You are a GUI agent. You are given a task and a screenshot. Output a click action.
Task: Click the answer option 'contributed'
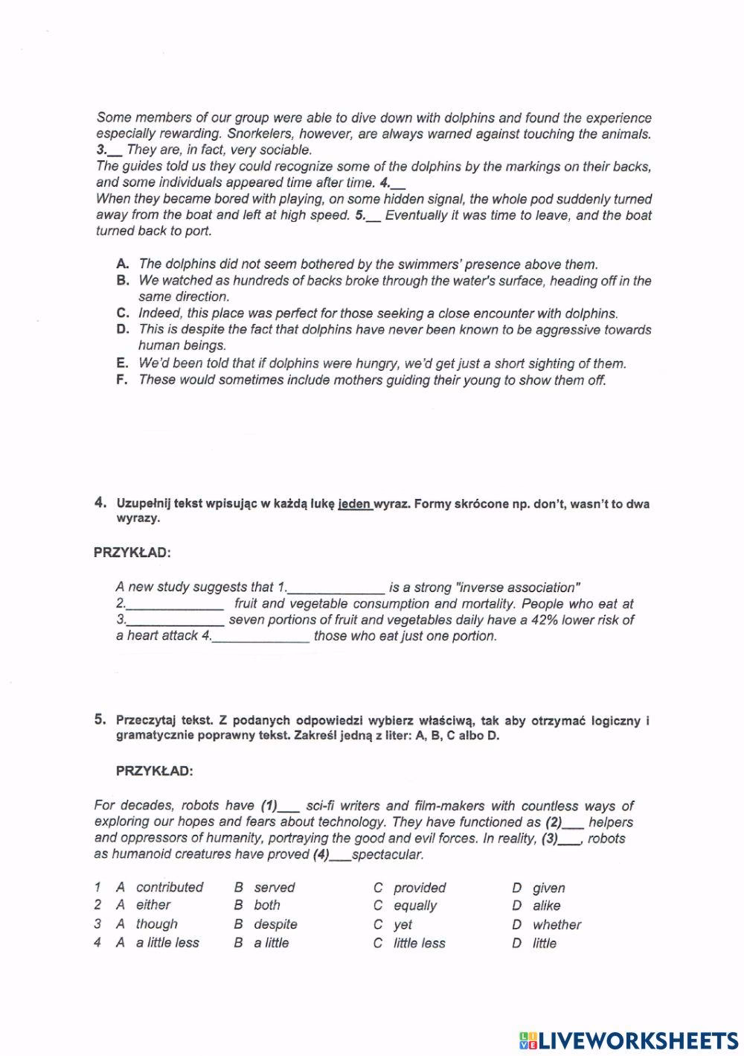(170, 887)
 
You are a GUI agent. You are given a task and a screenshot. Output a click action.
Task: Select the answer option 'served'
(275, 888)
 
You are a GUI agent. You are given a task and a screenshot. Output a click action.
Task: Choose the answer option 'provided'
(420, 888)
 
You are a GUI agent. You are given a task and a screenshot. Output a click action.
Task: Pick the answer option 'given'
(549, 888)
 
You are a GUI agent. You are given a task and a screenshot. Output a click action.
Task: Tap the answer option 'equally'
(415, 906)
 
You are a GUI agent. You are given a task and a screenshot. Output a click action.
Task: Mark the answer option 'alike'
(547, 906)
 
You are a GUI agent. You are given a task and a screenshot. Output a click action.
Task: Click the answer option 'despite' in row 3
(275, 924)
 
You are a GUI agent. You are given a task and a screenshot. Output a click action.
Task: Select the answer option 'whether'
(557, 925)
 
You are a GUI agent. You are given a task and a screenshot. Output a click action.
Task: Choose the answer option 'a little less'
(167, 943)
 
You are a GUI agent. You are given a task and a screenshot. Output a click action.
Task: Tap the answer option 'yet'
(403, 925)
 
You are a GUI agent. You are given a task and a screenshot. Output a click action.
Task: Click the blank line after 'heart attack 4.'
(261, 637)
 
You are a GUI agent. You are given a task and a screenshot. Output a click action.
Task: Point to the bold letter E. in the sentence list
(123, 363)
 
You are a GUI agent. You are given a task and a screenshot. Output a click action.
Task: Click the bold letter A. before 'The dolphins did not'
(123, 264)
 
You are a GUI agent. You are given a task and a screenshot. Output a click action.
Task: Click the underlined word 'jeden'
(354, 504)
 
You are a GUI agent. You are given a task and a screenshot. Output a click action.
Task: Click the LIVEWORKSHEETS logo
(626, 1040)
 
